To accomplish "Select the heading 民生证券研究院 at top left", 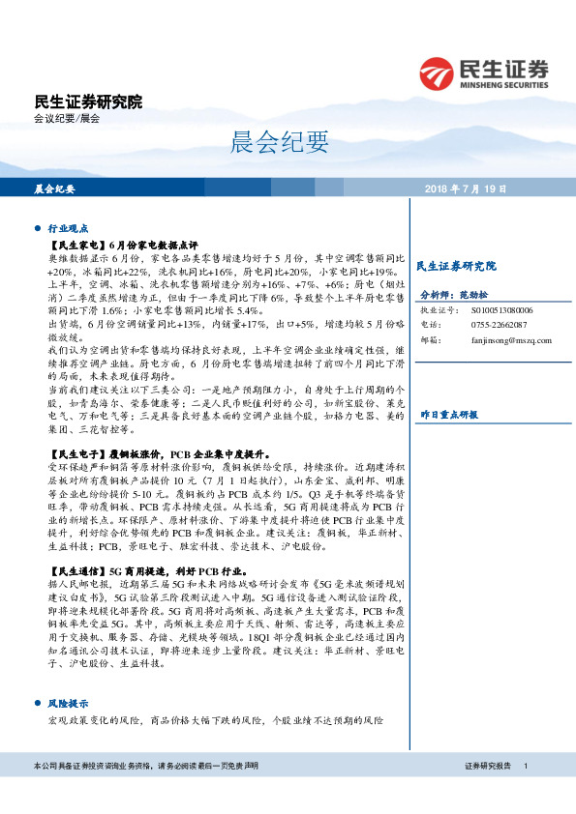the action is [x=88, y=102].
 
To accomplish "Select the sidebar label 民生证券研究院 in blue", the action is [x=455, y=266].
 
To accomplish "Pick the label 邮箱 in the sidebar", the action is [x=428, y=340].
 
